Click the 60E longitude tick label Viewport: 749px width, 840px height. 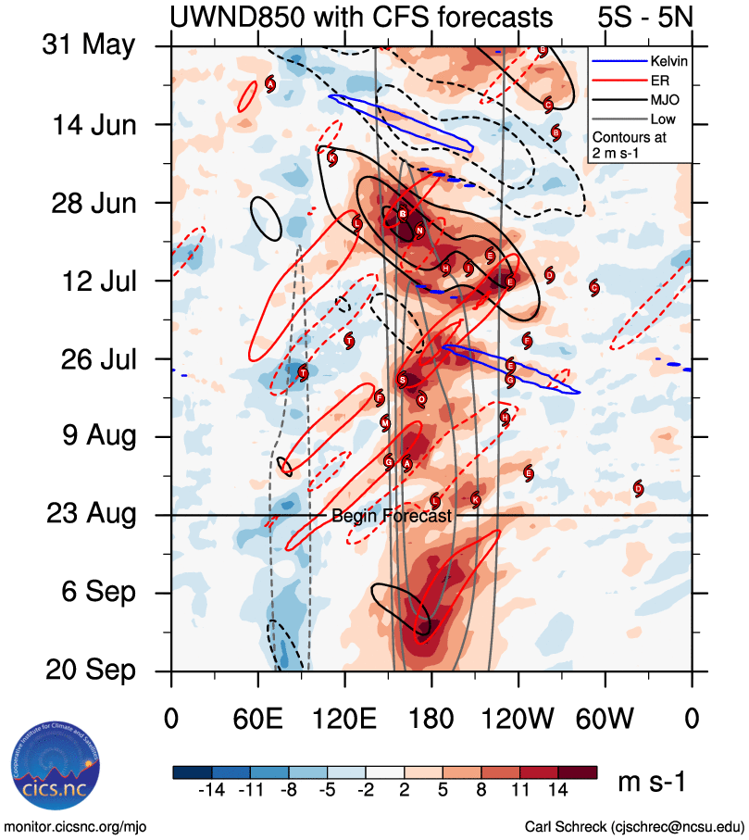(258, 718)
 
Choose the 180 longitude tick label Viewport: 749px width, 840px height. (431, 718)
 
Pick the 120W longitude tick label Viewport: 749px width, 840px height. (518, 718)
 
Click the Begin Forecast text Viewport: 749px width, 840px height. (392, 517)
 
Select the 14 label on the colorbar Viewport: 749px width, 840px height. (558, 793)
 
